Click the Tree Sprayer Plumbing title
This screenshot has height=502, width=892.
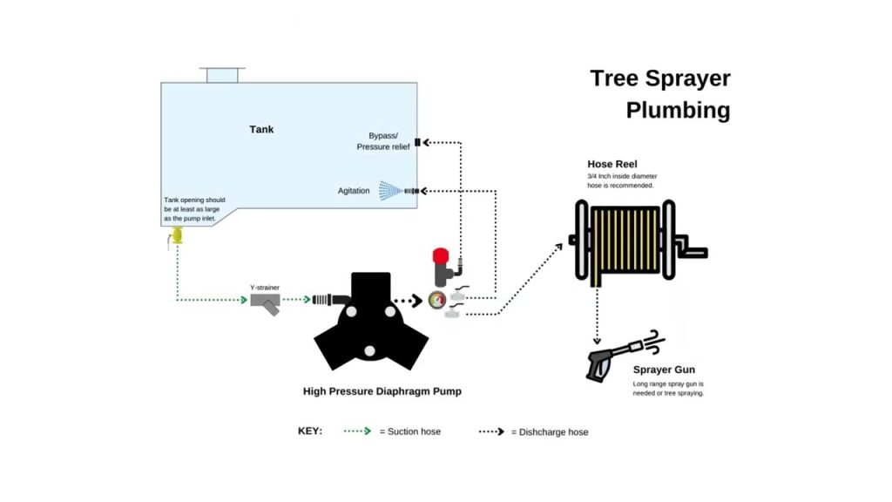pos(660,94)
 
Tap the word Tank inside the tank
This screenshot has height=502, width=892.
pos(261,129)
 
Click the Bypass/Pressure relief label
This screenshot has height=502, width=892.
pos(382,141)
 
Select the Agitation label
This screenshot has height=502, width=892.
pos(354,191)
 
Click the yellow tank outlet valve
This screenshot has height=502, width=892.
pos(177,234)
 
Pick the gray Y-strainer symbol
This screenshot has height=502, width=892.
pos(265,302)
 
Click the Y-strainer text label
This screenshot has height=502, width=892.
pos(264,287)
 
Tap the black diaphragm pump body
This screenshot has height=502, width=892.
pos(370,322)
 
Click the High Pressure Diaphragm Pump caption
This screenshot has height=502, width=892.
pos(382,391)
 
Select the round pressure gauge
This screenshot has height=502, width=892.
pos(434,301)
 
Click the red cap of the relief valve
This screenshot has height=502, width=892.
pos(440,256)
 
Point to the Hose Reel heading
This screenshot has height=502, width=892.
pos(612,164)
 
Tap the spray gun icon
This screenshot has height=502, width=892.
pos(610,356)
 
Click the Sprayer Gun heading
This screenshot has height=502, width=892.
pos(664,370)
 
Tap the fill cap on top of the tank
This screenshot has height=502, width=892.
pos(222,74)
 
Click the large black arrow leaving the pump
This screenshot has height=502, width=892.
pos(407,301)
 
